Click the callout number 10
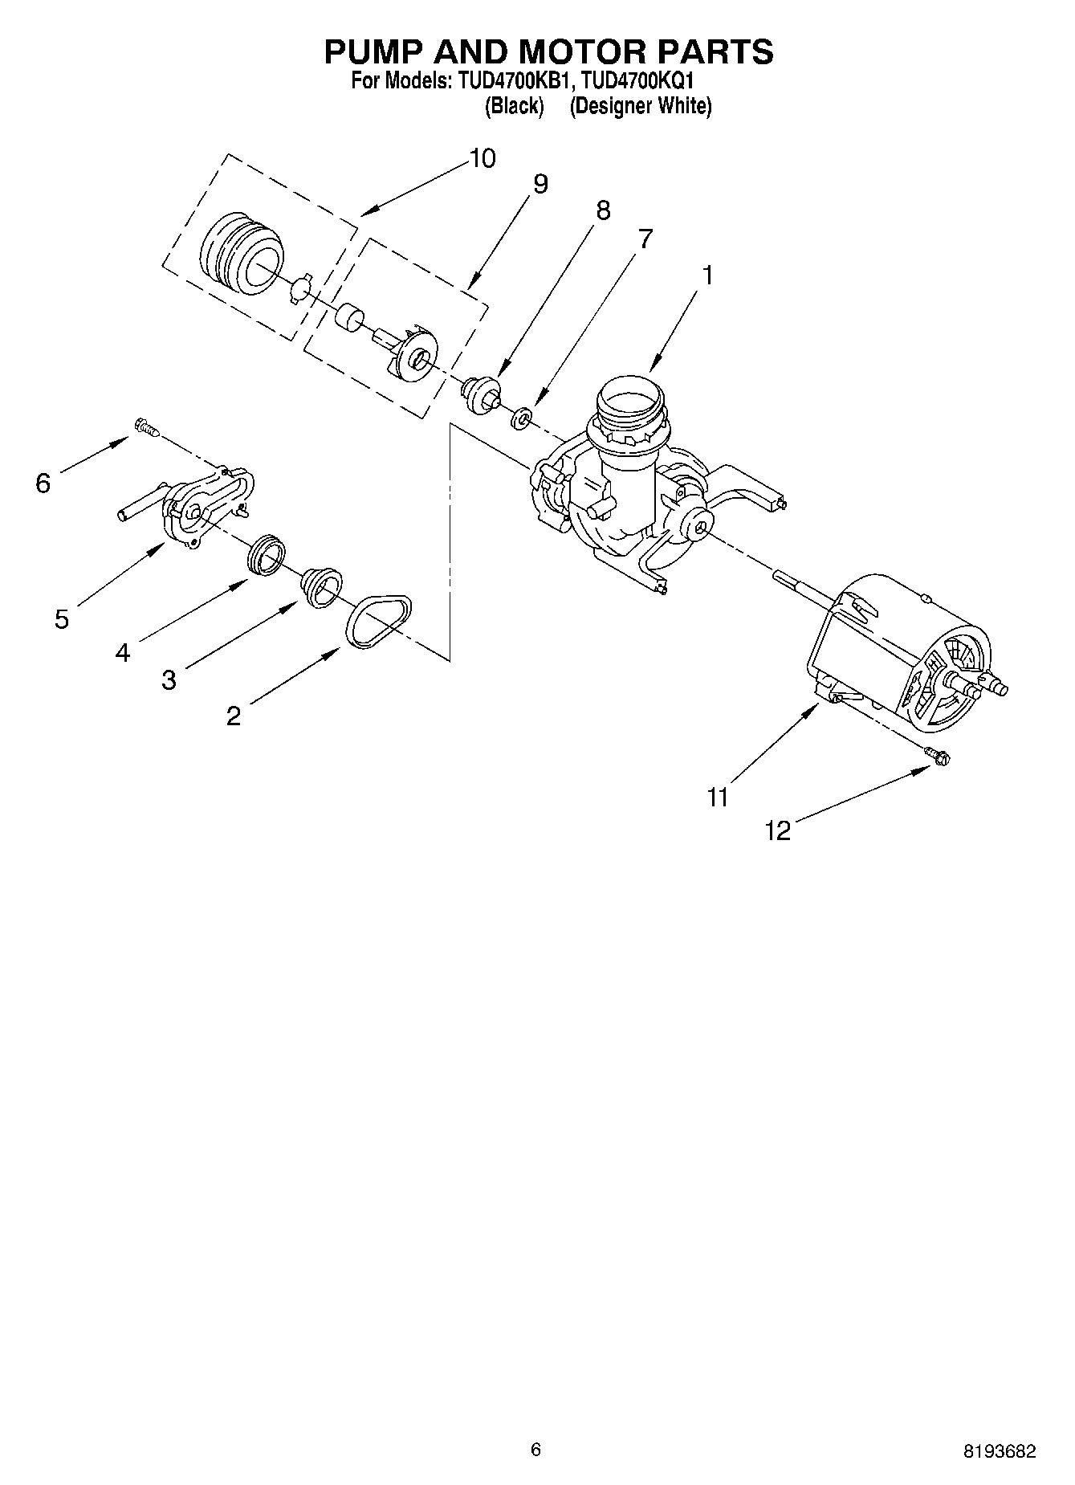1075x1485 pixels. pos(482,158)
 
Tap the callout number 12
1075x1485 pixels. pos(778,830)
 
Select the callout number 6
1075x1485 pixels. pos(43,483)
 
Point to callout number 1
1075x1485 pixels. pos(707,275)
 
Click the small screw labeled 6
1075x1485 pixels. pos(145,428)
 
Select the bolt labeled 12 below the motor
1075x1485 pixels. pos(937,755)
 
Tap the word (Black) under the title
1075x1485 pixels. pos(515,106)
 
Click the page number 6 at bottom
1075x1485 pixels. pos(536,1449)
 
